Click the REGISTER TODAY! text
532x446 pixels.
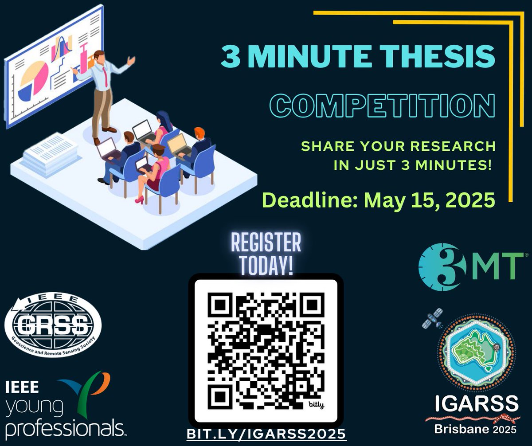coord(266,254)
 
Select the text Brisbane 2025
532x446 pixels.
coord(476,429)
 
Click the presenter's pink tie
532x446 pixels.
coord(106,75)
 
